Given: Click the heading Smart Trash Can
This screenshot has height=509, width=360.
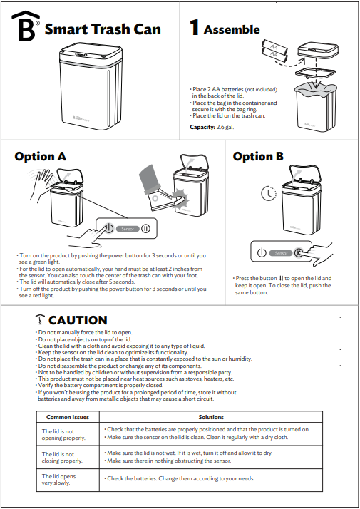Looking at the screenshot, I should click(103, 29).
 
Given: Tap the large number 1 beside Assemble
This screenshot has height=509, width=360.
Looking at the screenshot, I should click(194, 28).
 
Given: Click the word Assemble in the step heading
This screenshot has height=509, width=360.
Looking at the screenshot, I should click(232, 29).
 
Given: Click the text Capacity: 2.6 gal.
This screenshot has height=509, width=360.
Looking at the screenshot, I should click(213, 127).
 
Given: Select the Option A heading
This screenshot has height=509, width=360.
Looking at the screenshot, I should click(41, 156).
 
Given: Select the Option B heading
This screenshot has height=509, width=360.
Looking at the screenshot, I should click(258, 156).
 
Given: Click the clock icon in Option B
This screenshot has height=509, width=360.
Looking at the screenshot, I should click(266, 192).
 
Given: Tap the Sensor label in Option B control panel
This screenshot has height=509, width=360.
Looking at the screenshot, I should click(282, 252).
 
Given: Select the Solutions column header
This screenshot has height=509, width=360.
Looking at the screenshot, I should click(211, 417).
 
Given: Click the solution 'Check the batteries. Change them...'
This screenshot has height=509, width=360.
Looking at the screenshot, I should click(180, 478).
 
